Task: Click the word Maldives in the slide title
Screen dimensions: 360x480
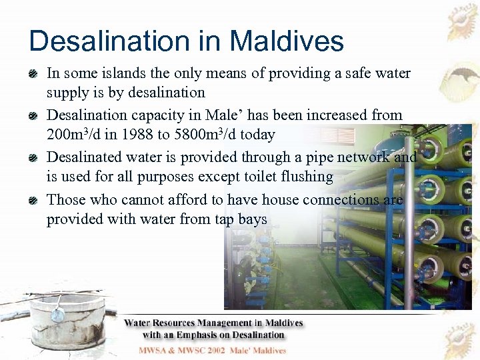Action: click(287, 41)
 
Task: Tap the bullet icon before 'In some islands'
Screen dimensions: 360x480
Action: click(35, 72)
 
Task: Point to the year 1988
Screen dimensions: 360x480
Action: click(134, 135)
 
